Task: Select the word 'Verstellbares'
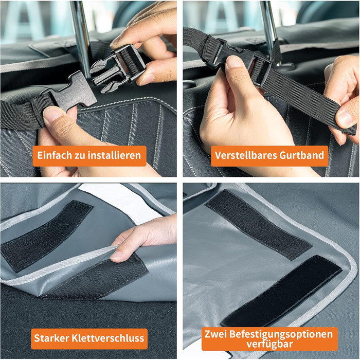[245, 155]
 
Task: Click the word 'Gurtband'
[302, 155]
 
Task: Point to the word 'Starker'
[51, 338]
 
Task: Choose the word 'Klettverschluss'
[108, 338]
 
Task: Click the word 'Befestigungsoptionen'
[281, 334]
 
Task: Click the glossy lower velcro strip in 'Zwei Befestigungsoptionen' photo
[281, 291]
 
